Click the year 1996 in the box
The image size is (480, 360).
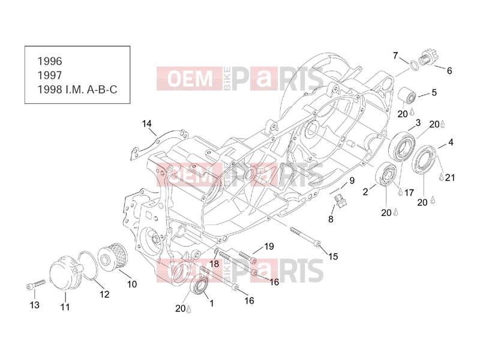(x=50, y=61)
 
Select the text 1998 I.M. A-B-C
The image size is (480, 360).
(x=77, y=89)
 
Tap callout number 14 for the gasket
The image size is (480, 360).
(x=146, y=124)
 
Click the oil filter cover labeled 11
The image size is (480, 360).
(x=65, y=273)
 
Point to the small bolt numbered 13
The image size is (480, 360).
(x=35, y=284)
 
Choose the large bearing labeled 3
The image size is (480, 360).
(x=402, y=146)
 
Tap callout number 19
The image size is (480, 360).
(x=269, y=247)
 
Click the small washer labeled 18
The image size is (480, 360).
(x=216, y=252)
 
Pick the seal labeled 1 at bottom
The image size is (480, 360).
(x=200, y=286)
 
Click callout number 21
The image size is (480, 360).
(x=449, y=178)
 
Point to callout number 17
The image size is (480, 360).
(x=409, y=193)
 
